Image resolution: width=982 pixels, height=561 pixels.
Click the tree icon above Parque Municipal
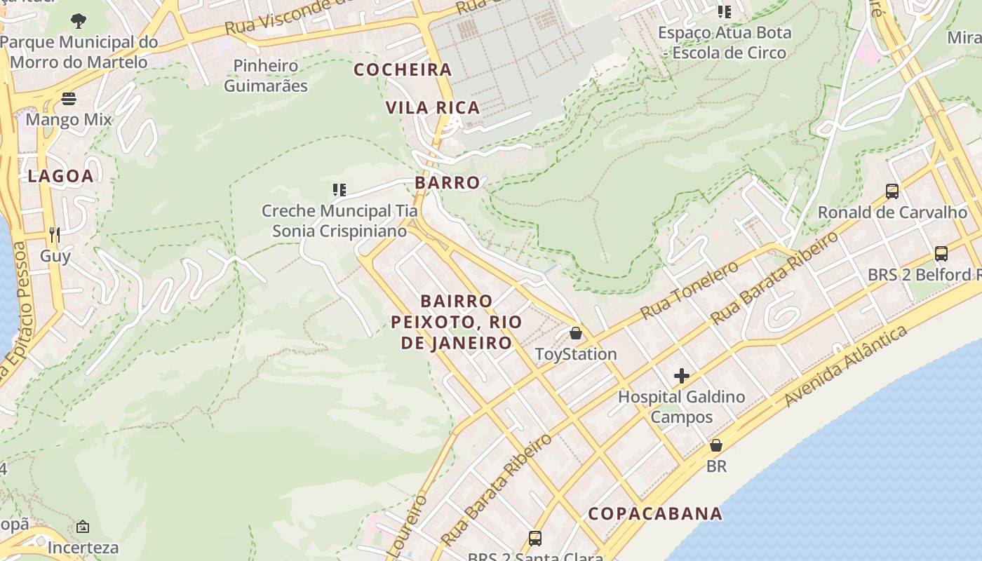[x=79, y=21]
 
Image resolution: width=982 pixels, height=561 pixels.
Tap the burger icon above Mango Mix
[x=69, y=99]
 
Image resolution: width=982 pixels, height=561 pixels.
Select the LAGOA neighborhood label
[x=61, y=176]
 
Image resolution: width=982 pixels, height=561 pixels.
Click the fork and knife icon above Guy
[x=55, y=234]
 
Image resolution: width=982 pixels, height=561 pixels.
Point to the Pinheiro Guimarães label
[x=266, y=76]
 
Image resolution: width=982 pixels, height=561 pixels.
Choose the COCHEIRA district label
[x=403, y=69]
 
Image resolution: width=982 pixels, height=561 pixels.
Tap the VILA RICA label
[x=433, y=107]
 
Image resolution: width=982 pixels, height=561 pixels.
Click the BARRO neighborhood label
[x=448, y=182]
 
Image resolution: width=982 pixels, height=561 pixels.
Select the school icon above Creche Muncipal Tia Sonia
[x=339, y=190]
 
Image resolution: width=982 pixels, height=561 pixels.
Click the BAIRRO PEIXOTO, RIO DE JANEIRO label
[x=457, y=322]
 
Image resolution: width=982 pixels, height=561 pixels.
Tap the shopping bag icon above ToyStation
[x=576, y=333]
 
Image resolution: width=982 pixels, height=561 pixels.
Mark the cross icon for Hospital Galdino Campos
[x=682, y=376]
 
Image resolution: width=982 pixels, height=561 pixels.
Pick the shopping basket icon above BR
[x=716, y=445]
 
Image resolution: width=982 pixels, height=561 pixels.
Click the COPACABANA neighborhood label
[x=655, y=513]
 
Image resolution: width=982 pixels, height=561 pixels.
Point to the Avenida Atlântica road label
[x=847, y=367]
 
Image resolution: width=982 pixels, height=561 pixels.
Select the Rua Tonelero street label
[x=690, y=288]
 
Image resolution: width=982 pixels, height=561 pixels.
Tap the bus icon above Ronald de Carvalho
[x=892, y=191]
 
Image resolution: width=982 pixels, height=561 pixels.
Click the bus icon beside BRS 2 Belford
[x=941, y=254]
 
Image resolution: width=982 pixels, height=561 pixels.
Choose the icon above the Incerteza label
[x=83, y=527]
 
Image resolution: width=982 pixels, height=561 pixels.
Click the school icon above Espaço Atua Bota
[x=725, y=12]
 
